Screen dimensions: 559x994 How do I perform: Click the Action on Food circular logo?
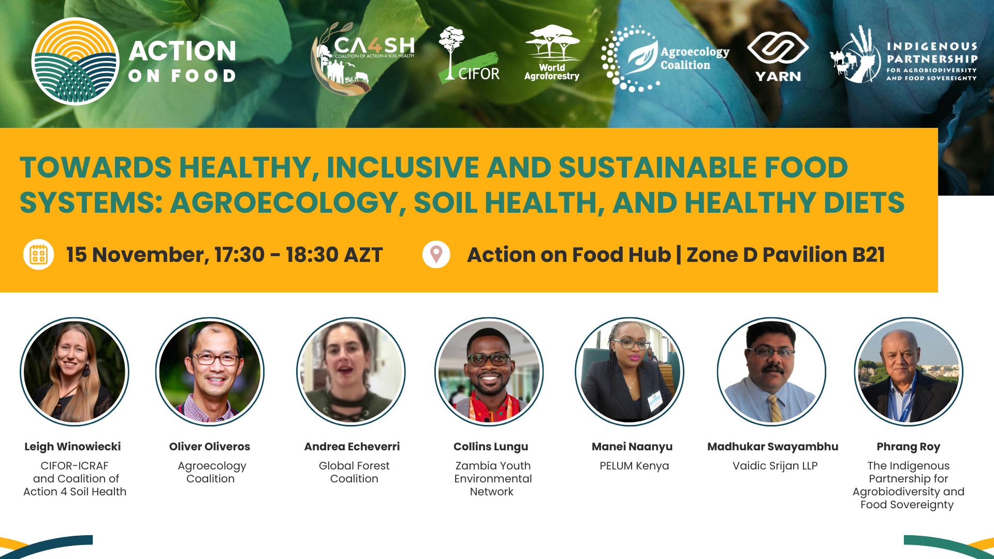[x=76, y=62]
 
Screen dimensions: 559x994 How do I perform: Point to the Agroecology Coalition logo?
[x=665, y=58]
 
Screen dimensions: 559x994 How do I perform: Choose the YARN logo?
[x=778, y=56]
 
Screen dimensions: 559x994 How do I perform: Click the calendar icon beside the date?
[x=39, y=255]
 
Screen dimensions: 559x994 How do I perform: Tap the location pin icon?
[x=436, y=255]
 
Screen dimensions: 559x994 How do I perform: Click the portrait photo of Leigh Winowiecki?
[x=75, y=372]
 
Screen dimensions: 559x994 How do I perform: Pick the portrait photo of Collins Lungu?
[x=489, y=372]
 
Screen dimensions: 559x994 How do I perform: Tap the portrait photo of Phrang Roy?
[x=909, y=372]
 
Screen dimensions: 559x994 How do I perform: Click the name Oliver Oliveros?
[x=210, y=447]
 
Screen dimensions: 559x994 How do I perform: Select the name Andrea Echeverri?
[x=352, y=447]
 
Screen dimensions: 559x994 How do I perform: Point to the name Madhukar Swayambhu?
[x=773, y=447]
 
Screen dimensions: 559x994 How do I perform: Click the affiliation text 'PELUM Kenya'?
[x=634, y=466]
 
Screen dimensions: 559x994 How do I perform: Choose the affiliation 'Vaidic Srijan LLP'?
[x=775, y=466]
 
